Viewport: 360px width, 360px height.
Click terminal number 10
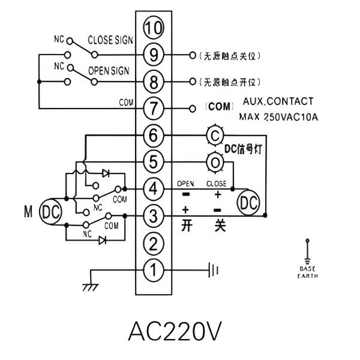(x=154, y=28)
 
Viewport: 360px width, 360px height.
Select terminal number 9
(x=154, y=55)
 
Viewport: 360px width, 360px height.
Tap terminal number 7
(x=154, y=109)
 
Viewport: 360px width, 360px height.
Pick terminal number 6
(x=154, y=136)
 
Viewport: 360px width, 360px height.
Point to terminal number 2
(x=154, y=244)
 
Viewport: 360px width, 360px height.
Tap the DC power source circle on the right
(x=248, y=203)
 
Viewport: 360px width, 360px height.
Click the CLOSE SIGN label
(x=110, y=40)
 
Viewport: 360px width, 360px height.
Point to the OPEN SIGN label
(x=109, y=70)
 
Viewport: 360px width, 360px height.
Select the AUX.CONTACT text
(x=278, y=101)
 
